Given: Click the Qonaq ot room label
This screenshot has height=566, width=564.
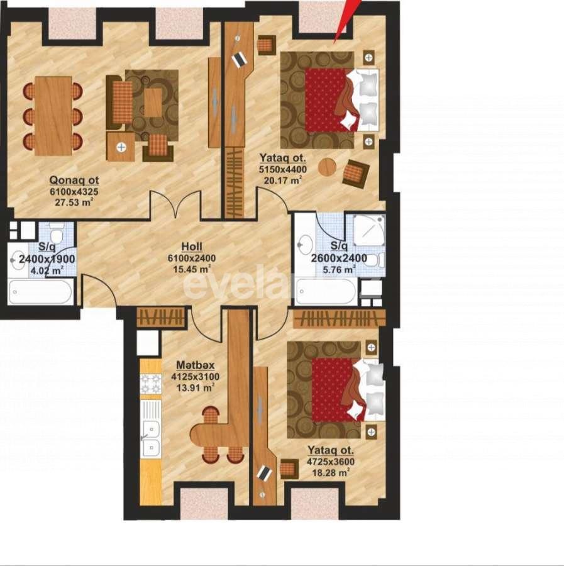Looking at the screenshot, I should pyautogui.click(x=74, y=180).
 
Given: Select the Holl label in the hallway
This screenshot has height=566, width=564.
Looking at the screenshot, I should pyautogui.click(x=192, y=247).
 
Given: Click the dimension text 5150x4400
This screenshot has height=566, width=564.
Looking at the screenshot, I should pyautogui.click(x=282, y=169).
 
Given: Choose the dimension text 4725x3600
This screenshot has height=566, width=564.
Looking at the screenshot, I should pyautogui.click(x=331, y=461).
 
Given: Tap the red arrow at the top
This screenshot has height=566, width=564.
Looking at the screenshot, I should pyautogui.click(x=345, y=19).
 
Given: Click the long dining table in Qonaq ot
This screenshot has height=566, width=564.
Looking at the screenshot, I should pyautogui.click(x=53, y=116).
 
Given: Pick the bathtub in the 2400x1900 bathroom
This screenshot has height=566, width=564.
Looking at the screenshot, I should pyautogui.click(x=41, y=292).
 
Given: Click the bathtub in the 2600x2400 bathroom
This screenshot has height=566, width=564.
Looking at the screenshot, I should pyautogui.click(x=326, y=292).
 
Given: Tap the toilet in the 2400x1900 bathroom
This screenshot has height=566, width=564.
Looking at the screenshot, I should pyautogui.click(x=57, y=235).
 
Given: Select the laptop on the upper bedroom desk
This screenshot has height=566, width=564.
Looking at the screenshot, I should pyautogui.click(x=240, y=60).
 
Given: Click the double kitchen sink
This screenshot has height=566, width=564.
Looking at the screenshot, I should pyautogui.click(x=150, y=437).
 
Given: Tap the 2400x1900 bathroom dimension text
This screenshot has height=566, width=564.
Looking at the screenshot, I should pyautogui.click(x=47, y=259).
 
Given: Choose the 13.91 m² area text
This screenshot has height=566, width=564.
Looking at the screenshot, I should pyautogui.click(x=194, y=388).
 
